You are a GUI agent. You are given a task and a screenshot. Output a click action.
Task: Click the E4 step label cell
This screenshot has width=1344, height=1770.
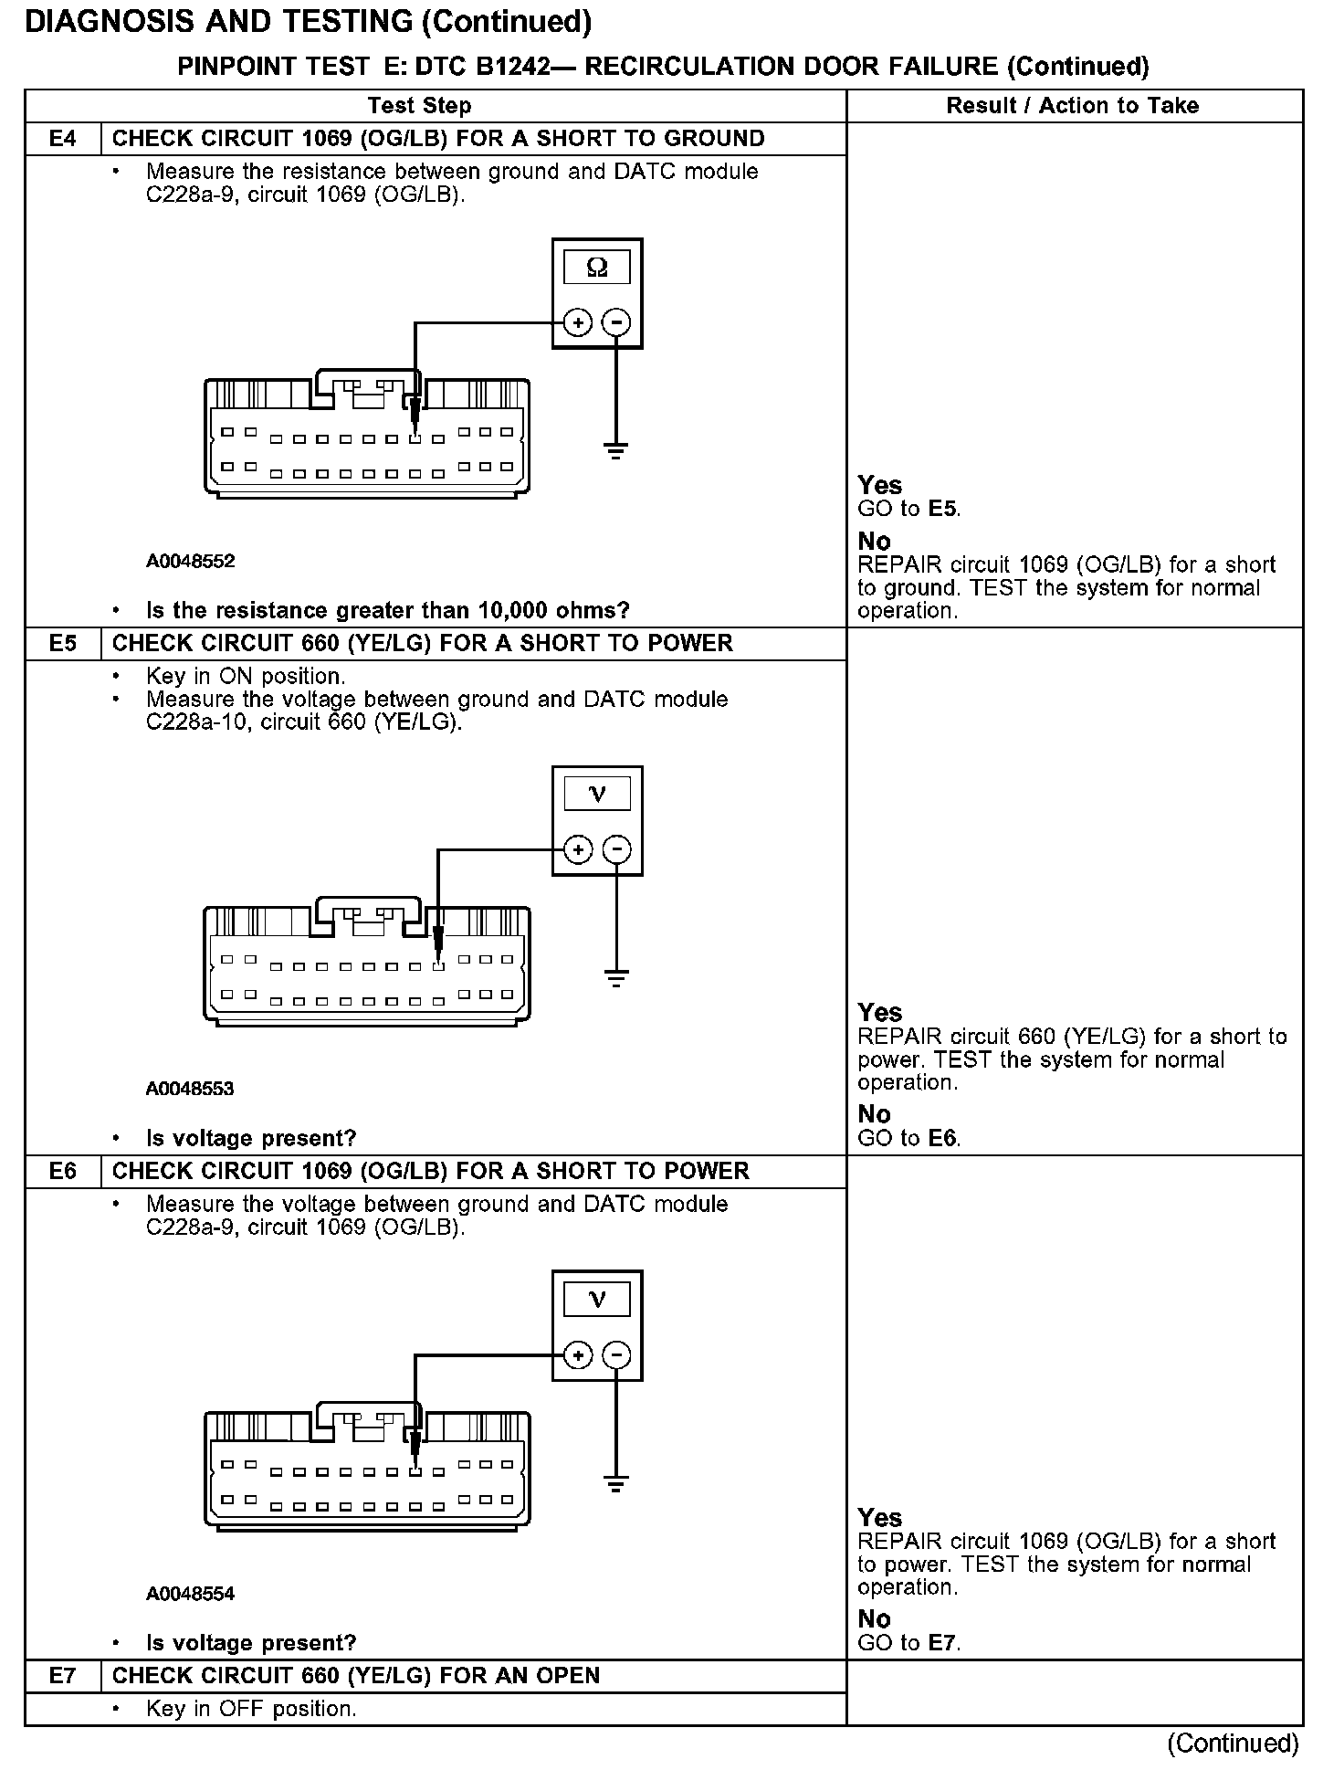pyautogui.click(x=62, y=139)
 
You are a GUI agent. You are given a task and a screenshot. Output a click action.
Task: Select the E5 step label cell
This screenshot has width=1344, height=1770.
pyautogui.click(x=62, y=644)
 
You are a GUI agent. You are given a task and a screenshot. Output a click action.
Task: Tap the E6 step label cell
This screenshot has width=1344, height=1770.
pyautogui.click(x=62, y=1172)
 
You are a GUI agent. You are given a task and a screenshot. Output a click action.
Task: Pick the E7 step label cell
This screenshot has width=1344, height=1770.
pyautogui.click(x=62, y=1676)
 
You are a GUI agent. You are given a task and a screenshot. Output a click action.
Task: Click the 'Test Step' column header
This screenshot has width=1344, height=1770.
pyautogui.click(x=419, y=106)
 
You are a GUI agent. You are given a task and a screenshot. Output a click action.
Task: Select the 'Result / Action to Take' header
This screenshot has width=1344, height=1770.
pyautogui.click(x=1072, y=106)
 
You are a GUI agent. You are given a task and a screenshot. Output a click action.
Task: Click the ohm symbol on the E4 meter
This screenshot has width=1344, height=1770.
pyautogui.click(x=597, y=267)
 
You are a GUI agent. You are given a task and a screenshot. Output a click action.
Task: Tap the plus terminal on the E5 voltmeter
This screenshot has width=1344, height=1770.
pyautogui.click(x=577, y=850)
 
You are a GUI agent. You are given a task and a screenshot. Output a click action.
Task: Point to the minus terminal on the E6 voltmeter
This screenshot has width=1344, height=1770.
pyautogui.click(x=618, y=1355)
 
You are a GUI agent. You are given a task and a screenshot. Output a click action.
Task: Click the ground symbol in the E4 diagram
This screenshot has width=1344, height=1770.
pyautogui.click(x=616, y=449)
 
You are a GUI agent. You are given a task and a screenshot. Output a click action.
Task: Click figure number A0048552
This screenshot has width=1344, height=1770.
pyautogui.click(x=190, y=561)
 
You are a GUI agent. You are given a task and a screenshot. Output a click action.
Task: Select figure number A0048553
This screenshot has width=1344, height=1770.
pyautogui.click(x=190, y=1089)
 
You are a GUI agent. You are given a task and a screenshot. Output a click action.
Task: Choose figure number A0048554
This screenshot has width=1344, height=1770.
pyautogui.click(x=190, y=1594)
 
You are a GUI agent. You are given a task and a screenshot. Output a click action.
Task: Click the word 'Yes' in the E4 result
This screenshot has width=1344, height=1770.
pyautogui.click(x=879, y=485)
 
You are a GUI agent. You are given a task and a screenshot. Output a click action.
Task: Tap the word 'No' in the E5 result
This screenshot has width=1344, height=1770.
pyautogui.click(x=874, y=1114)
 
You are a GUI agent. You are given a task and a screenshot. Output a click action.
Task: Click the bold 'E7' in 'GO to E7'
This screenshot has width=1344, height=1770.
pyautogui.click(x=943, y=1643)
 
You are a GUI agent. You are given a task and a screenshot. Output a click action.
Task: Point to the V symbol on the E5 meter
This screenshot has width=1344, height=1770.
pyautogui.click(x=597, y=794)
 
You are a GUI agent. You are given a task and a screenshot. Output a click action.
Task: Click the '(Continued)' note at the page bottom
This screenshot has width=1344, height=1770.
pyautogui.click(x=1233, y=1743)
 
